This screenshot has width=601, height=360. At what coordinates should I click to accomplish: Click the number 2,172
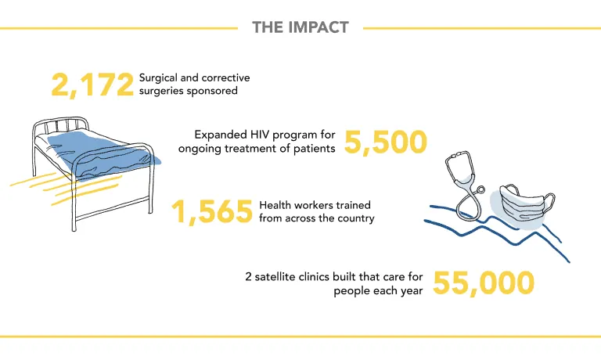(92, 85)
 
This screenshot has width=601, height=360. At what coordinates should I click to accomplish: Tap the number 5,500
(386, 142)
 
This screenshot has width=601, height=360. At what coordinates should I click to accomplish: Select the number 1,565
(212, 211)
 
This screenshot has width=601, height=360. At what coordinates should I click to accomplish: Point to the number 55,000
(484, 283)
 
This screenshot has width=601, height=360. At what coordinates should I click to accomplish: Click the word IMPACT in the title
(318, 27)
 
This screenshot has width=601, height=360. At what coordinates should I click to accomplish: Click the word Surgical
(158, 77)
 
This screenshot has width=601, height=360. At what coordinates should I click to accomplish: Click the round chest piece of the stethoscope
(480, 189)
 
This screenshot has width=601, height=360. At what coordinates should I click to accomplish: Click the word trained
(354, 205)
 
